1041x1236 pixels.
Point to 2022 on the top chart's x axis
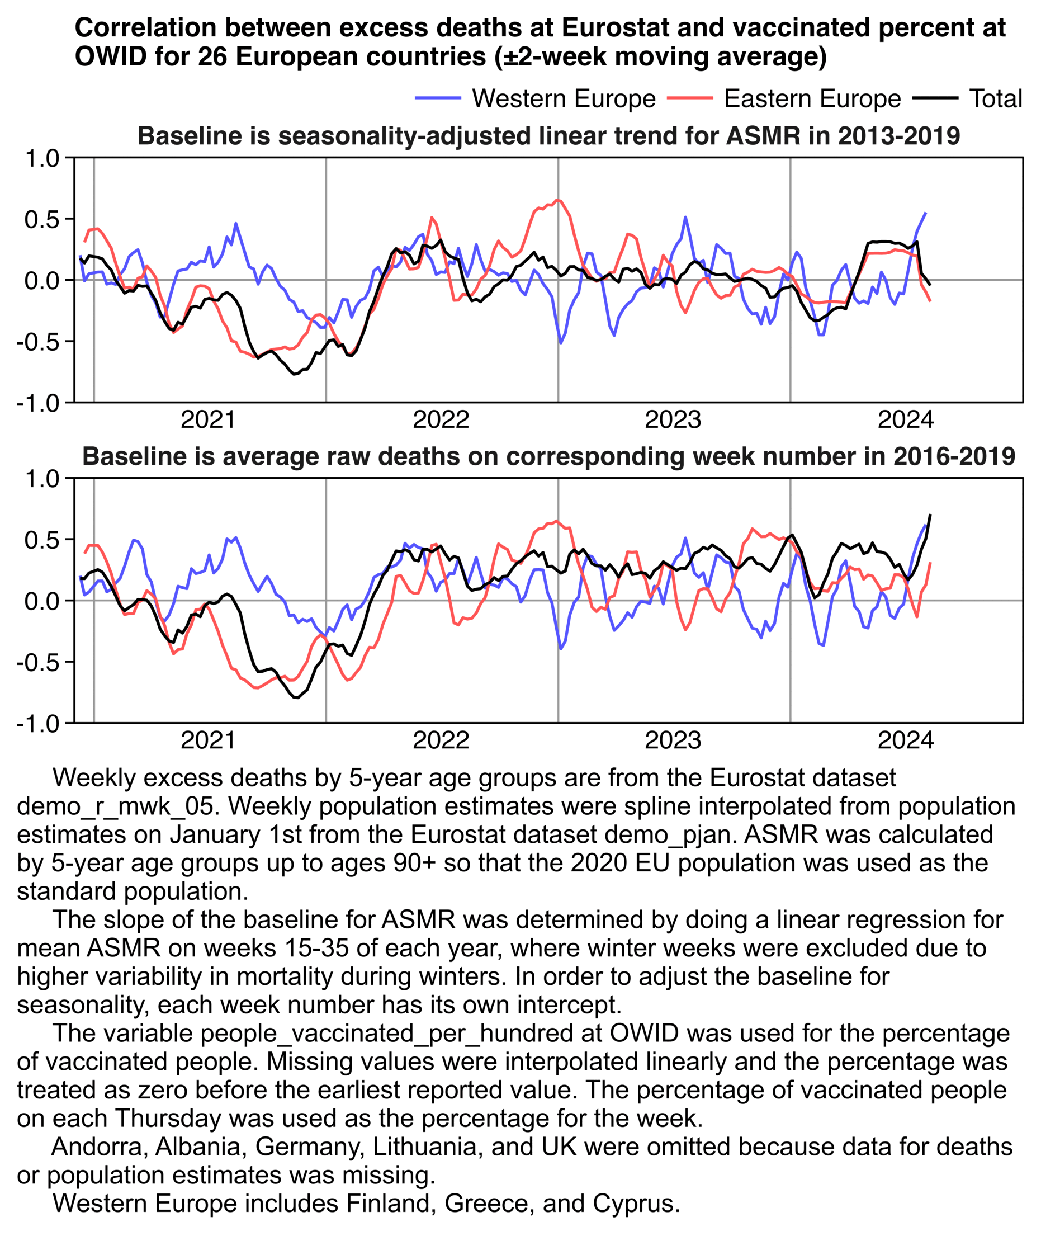(x=441, y=419)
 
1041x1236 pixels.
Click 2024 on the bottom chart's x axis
(x=906, y=740)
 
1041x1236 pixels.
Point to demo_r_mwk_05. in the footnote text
(x=115, y=807)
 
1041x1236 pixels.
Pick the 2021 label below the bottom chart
(x=209, y=740)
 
